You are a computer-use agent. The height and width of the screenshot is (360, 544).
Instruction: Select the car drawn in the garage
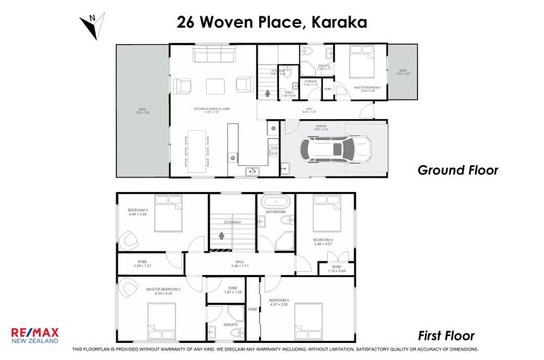[338, 148]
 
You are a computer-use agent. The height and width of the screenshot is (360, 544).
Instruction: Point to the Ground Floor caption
[458, 170]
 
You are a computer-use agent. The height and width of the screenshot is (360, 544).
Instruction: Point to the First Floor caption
[445, 336]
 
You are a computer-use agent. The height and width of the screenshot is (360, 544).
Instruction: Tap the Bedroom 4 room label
[323, 242]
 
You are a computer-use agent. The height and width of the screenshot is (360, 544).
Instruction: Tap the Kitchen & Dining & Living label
[212, 110]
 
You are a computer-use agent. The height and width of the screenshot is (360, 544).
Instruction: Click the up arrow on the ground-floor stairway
[267, 94]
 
